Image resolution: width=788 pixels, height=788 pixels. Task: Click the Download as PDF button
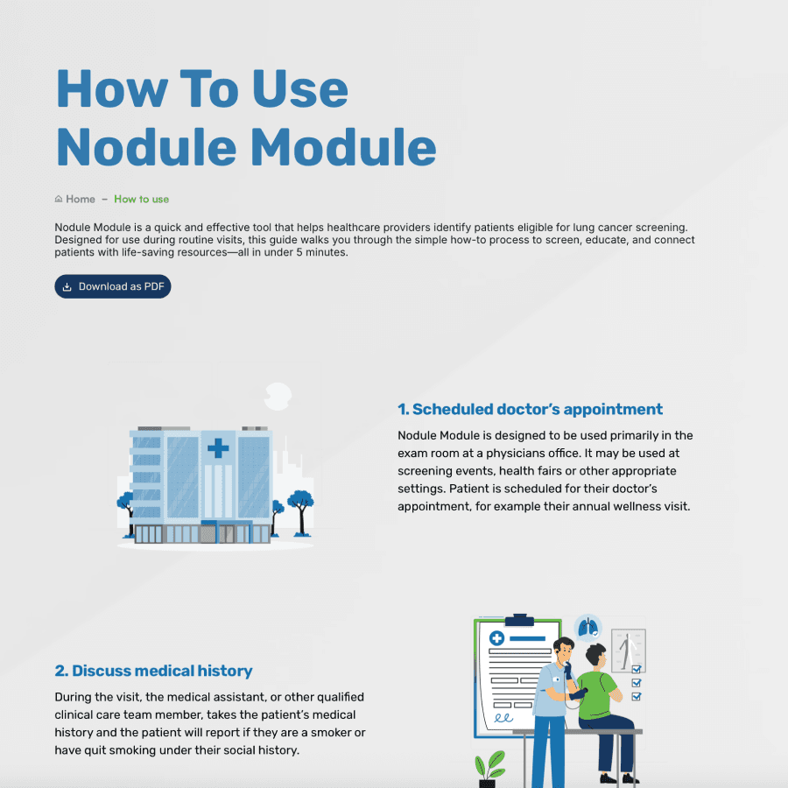coord(113,286)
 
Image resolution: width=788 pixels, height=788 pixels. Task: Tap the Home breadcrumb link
coord(80,199)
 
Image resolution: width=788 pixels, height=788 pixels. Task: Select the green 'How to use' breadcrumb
coord(141,199)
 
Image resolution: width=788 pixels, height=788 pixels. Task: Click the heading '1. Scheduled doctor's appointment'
coord(530,409)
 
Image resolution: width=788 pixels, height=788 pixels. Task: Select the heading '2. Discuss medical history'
coord(153,671)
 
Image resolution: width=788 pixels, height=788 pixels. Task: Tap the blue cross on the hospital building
coord(217,449)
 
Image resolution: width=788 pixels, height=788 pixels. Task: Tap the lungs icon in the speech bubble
coord(588,627)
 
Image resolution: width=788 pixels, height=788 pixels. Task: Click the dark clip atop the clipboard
coord(519,621)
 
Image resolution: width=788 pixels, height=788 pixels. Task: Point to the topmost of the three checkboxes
coord(637,669)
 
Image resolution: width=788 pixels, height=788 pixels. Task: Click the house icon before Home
coord(59,199)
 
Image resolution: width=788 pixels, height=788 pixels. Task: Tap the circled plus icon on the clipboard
coord(496,638)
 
